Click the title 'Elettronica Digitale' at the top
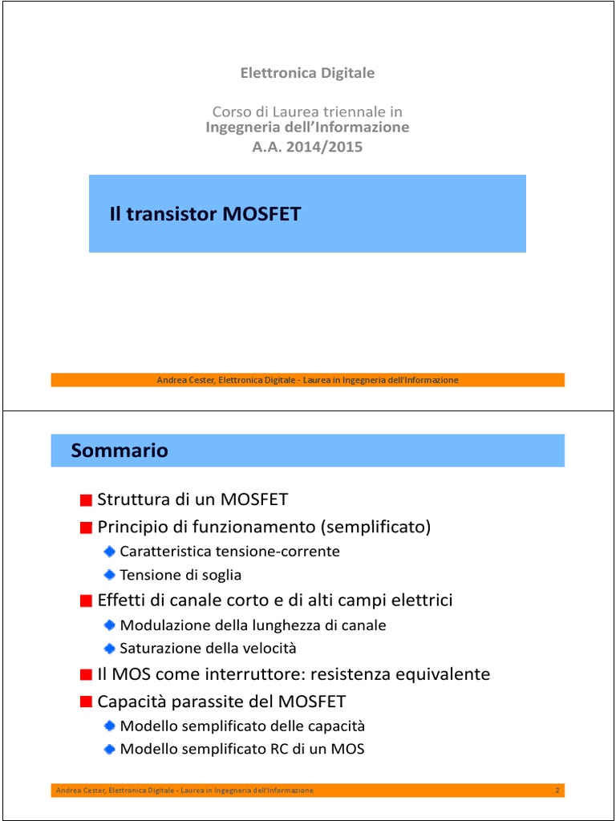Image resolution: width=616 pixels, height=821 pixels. pos(307,73)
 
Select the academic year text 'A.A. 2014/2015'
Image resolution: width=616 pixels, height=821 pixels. pos(307,147)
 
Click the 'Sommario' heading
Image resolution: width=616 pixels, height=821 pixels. pos(120,451)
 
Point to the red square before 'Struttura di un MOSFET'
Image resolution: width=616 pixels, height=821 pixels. pos(86,501)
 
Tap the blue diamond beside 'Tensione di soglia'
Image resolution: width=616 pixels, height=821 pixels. pos(109,575)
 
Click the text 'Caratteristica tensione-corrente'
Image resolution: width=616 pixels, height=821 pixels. pos(229,552)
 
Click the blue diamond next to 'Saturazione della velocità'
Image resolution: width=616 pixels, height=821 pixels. pos(109,648)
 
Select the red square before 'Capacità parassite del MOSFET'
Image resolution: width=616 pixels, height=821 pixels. pos(86,702)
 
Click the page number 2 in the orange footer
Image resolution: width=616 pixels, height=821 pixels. pos(557,791)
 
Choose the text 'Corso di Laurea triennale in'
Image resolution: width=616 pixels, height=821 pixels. pos(307,111)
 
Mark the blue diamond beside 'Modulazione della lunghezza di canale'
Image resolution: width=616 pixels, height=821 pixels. pos(109,625)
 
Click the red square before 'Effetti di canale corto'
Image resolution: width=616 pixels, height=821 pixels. pos(86,601)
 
